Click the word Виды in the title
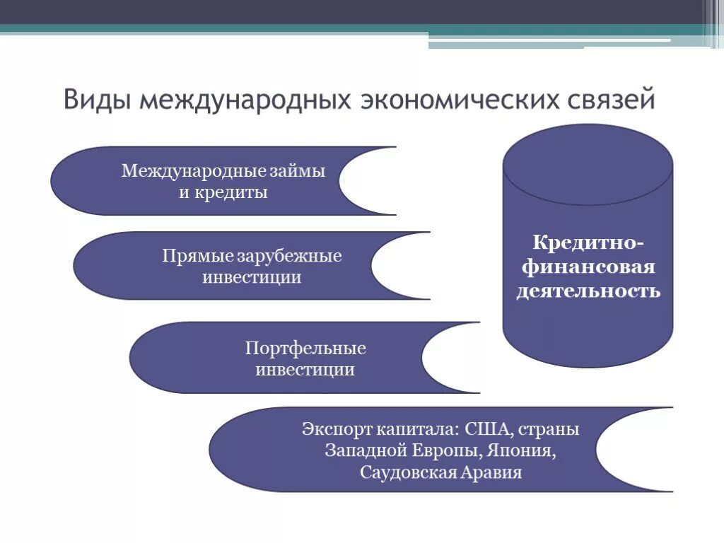coord(97,100)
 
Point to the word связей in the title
coord(612,100)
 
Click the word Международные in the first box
coord(194,172)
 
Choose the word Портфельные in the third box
coord(305,349)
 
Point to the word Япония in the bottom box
coord(524,450)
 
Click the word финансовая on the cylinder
coord(588,267)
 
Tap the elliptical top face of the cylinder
coord(588,165)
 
